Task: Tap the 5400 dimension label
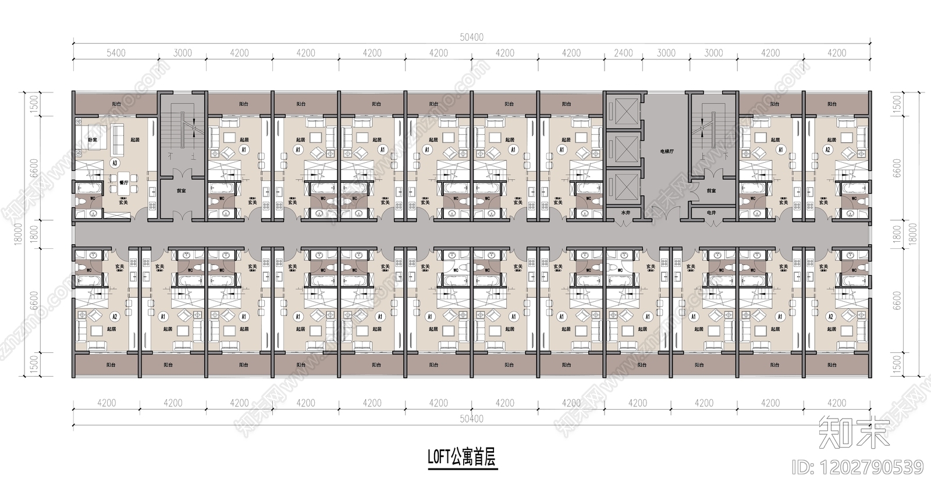(115, 53)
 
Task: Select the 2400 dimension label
(623, 53)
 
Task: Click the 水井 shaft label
(625, 213)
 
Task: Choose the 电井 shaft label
(711, 213)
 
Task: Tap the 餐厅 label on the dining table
(123, 182)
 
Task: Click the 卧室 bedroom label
(92, 140)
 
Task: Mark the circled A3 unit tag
(115, 163)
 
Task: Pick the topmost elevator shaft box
(623, 109)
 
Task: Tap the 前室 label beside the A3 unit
(182, 190)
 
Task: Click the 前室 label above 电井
(711, 191)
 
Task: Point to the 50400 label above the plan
(471, 37)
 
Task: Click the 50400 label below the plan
(471, 419)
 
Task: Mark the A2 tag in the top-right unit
(828, 149)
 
